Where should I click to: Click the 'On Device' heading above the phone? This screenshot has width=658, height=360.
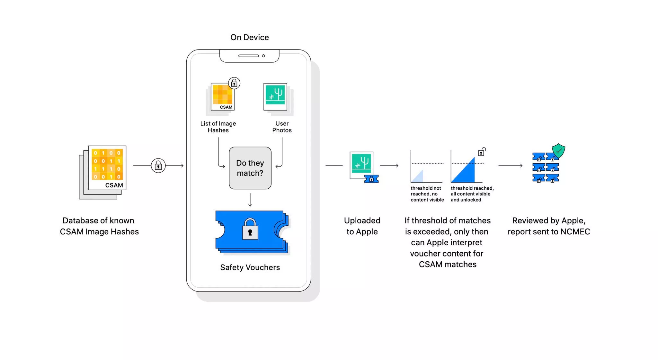250,37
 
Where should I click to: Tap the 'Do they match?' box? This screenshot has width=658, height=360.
250,168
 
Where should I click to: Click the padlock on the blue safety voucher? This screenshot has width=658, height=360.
250,229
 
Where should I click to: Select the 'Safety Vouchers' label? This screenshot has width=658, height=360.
250,267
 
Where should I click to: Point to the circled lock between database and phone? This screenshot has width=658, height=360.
158,166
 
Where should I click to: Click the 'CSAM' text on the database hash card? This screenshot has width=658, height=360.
114,185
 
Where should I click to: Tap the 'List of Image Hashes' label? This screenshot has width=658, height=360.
218,127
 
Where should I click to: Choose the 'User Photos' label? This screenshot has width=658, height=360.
282,127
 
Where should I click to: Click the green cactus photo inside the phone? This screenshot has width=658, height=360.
275,95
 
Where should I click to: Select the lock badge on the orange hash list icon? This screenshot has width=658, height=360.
234,83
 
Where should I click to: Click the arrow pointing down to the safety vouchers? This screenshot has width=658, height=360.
250,200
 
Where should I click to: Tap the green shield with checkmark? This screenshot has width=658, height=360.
558,150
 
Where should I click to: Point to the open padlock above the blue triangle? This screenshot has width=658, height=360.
482,152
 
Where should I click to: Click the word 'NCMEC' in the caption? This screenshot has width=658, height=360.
575,232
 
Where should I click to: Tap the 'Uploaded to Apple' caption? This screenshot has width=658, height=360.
362,226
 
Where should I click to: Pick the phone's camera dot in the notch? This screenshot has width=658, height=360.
263,56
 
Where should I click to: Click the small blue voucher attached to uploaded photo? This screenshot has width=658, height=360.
371,179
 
